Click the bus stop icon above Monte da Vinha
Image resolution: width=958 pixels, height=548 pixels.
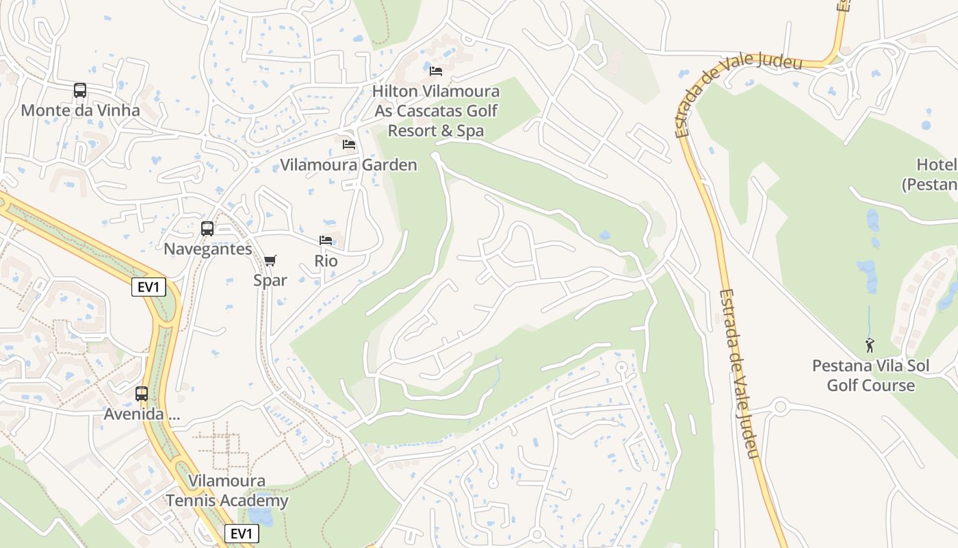point(80,90)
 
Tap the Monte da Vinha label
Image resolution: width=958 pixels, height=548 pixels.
point(80,110)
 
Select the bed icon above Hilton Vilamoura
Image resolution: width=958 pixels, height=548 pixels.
point(436,71)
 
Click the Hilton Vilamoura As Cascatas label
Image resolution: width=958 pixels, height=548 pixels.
point(436,110)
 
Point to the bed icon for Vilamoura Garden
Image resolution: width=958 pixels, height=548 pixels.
point(349,145)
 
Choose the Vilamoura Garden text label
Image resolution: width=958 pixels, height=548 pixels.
point(348,165)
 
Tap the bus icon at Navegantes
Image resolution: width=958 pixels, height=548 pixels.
point(207,229)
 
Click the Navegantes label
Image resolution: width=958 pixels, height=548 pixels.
point(207,249)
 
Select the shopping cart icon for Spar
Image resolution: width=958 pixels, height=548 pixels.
point(270,260)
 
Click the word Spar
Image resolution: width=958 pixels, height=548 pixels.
point(270,280)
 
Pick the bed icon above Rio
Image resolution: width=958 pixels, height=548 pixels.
point(326,240)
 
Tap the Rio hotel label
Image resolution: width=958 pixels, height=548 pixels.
point(326,261)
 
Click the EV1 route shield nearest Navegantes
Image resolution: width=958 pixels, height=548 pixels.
point(148,287)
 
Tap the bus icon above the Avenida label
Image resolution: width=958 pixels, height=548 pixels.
point(142,394)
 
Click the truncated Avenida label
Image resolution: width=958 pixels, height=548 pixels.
point(142,414)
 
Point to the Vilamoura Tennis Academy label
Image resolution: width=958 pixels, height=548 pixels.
point(227,490)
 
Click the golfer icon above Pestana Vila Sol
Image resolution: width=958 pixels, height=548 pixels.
point(870,345)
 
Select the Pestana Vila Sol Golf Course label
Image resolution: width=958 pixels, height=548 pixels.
point(870,375)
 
